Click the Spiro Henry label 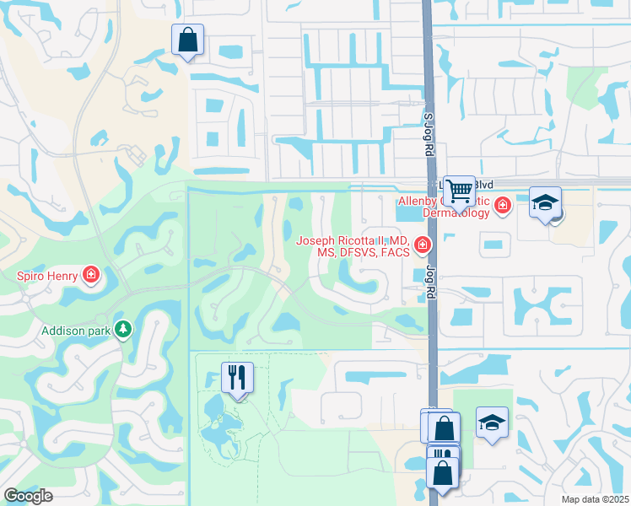[x=47, y=275]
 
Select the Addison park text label [x=76, y=331]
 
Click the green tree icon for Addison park [x=124, y=328]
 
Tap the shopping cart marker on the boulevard [x=459, y=191]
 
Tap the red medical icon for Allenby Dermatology [x=503, y=205]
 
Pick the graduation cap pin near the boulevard [x=545, y=204]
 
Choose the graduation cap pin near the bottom [x=492, y=423]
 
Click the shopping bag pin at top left [x=187, y=40]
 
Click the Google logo [x=28, y=496]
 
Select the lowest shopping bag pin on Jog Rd [x=443, y=474]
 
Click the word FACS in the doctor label [x=394, y=252]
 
